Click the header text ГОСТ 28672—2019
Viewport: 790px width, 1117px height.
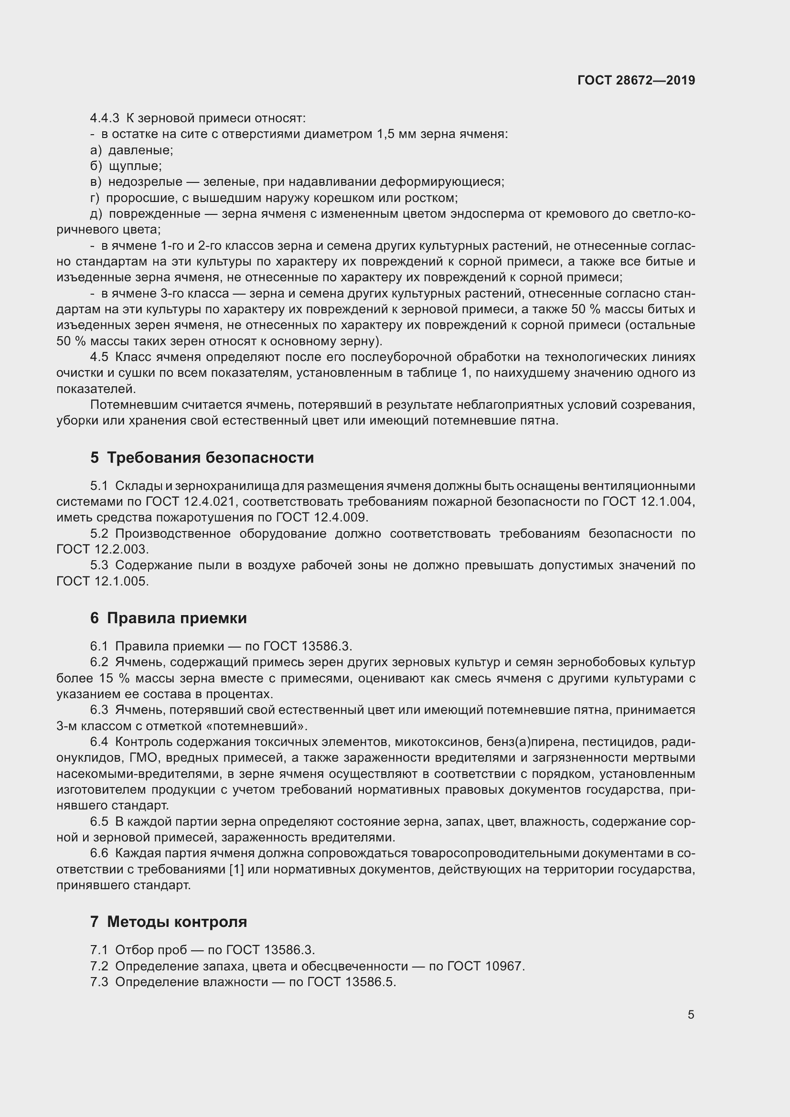click(x=636, y=80)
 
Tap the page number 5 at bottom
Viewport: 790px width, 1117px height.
click(x=691, y=1014)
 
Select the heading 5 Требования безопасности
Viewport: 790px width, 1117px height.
click(x=202, y=458)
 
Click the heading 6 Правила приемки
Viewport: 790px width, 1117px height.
click(x=168, y=618)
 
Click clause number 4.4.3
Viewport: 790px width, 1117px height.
click(x=104, y=118)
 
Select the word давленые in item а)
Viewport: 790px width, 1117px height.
click(x=140, y=150)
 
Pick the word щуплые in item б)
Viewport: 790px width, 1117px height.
click(x=135, y=166)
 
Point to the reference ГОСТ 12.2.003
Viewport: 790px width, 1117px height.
click(x=102, y=549)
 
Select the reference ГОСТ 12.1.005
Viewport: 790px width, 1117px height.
click(x=102, y=581)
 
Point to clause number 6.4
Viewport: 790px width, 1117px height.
click(x=99, y=742)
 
